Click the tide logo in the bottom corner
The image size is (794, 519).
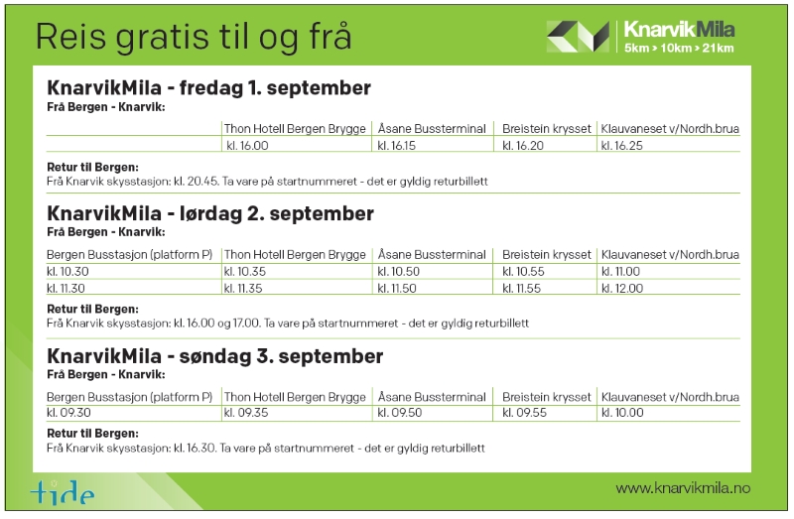coord(63,491)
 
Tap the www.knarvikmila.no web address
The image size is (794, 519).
coord(683,488)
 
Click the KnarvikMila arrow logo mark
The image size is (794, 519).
coord(579,37)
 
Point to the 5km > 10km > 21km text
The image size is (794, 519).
coord(679,48)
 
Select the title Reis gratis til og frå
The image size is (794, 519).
coord(194,38)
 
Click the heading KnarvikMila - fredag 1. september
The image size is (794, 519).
coord(209,87)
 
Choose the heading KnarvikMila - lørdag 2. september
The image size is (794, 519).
coord(210,213)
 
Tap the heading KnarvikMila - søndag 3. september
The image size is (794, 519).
coord(214,356)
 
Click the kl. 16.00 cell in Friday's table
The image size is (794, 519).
coord(247,146)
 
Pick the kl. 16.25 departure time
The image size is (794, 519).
coord(622,146)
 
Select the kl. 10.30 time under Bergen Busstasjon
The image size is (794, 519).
coord(67,271)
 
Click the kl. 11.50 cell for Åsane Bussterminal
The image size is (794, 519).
coord(397,289)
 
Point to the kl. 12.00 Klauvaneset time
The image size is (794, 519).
coord(622,289)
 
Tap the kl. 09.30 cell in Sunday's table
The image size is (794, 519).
coord(68,413)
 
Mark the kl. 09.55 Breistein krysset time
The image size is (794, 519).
coord(525,413)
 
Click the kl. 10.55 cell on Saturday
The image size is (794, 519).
coord(523,271)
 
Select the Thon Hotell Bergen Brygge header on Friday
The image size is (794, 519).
coord(295,129)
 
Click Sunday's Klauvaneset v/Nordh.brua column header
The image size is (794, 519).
coord(670,397)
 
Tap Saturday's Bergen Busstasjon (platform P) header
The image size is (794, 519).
coord(130,255)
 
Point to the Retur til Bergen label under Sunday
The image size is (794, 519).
coord(92,434)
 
